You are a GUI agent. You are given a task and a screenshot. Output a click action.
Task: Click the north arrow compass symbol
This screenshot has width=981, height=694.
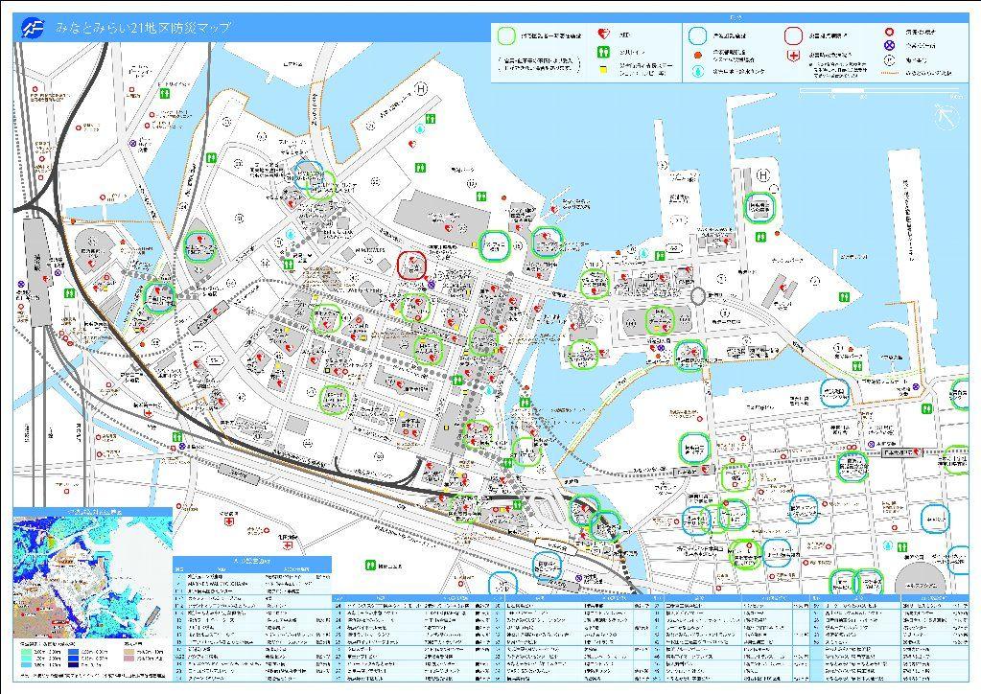pos(946,116)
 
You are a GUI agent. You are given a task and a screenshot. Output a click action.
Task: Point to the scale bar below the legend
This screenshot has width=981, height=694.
pos(879,93)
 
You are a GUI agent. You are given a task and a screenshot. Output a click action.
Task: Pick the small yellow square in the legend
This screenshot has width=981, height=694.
pos(601,71)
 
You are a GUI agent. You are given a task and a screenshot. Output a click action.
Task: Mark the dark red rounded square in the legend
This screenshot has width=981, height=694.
pos(793,35)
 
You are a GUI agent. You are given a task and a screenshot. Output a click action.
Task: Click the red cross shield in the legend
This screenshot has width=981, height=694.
pos(793,57)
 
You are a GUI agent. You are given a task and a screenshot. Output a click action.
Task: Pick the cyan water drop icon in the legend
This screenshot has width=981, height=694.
pos(695,71)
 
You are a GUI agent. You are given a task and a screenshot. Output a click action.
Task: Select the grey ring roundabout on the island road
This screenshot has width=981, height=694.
pos(699,297)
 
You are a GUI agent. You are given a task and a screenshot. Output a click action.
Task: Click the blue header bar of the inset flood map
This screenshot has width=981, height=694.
pos(92,513)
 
